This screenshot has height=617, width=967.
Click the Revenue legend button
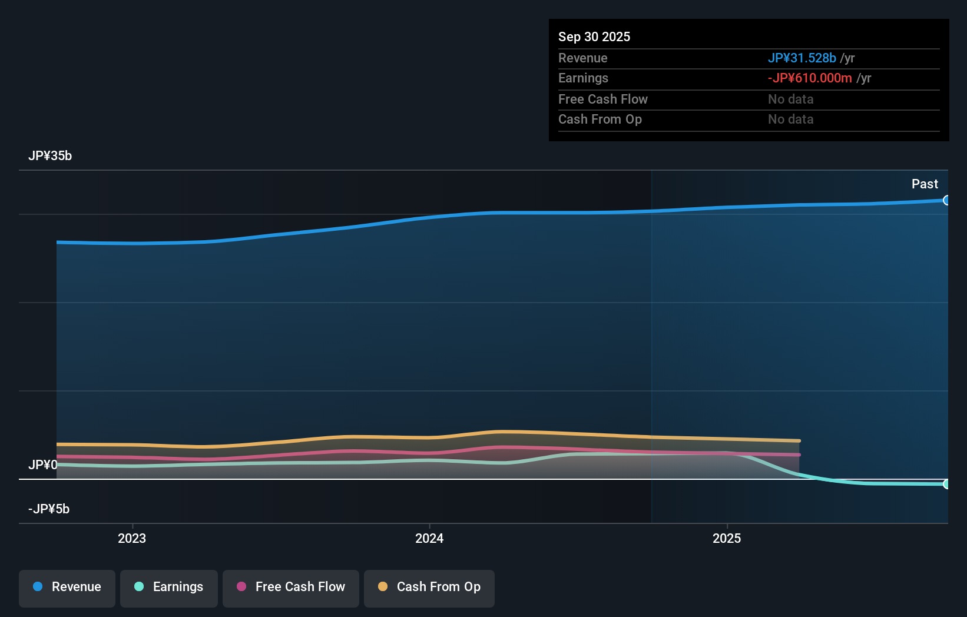tap(67, 588)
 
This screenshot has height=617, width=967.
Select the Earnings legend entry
tap(169, 588)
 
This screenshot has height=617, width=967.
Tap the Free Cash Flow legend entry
tap(291, 588)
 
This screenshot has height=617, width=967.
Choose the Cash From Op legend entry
tap(429, 588)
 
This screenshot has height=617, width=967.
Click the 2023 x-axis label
tap(132, 539)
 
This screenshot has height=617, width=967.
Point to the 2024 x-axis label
tap(429, 539)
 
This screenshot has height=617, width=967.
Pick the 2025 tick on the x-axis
tap(727, 539)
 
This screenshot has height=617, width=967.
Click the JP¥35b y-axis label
tap(50, 156)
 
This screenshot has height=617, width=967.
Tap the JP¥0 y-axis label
tap(42, 465)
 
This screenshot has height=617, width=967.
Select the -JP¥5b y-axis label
tap(49, 509)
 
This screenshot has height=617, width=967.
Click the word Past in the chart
tap(925, 184)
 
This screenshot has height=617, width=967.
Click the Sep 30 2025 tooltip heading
tap(594, 37)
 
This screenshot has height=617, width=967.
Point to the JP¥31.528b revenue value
tap(802, 58)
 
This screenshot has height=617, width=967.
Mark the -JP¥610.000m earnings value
tap(810, 78)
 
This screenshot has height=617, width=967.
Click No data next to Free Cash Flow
tap(790, 99)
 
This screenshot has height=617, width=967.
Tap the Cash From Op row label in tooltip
tap(600, 120)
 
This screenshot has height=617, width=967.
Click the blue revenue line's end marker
tap(946, 200)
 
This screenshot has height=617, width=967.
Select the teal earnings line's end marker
tap(946, 484)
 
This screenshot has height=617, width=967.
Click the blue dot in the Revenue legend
tap(38, 587)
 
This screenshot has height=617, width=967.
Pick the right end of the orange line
tap(799, 440)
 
